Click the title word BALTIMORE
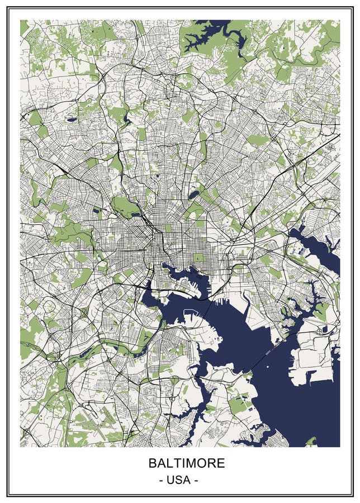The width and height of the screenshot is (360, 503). tap(187, 463)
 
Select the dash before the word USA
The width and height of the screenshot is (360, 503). tap(162, 480)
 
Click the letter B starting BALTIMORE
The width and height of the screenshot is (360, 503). tap(152, 463)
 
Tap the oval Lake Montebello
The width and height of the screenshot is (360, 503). tap(193, 194)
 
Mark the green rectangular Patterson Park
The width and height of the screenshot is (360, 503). tap(198, 258)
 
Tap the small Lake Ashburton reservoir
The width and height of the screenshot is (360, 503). tap(97, 211)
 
